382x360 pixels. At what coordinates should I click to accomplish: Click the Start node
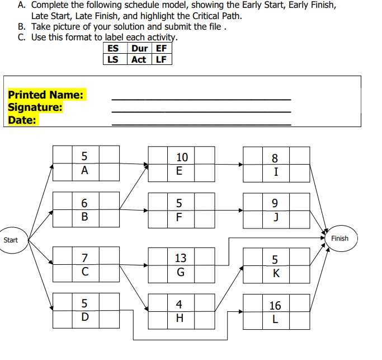tap(11, 240)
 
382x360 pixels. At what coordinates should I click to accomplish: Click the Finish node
tap(339, 239)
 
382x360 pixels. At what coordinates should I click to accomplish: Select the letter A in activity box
tap(85, 171)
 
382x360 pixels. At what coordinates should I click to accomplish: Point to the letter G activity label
tap(181, 273)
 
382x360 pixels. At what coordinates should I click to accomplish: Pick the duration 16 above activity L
tap(275, 306)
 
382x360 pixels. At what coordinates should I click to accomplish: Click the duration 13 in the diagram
tap(181, 258)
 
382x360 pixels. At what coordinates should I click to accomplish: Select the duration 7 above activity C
tap(85, 258)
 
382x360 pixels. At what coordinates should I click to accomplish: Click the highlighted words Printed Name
tap(45, 95)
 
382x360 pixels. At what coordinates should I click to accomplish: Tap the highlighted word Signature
tap(35, 107)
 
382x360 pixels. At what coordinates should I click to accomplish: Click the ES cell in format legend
tap(113, 48)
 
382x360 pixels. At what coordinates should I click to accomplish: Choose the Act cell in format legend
tap(139, 59)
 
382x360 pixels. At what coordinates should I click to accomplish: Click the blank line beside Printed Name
tap(201, 99)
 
